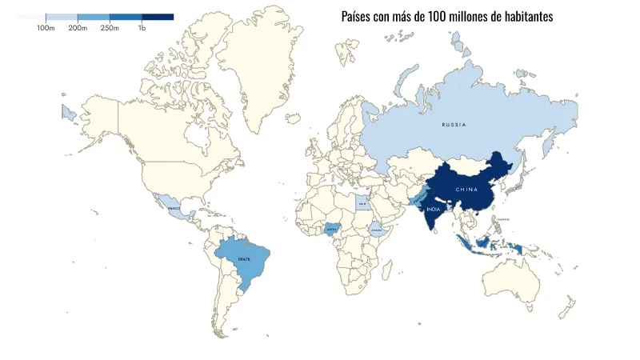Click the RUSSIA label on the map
coord(454,125)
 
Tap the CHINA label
coord(466,189)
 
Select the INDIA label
coord(434,209)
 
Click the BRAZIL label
coord(244,259)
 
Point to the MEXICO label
coord(174,207)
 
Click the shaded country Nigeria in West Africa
coord(333,230)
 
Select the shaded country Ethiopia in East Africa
coord(376,230)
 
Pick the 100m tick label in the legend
coord(46,28)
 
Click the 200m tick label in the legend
coord(78,28)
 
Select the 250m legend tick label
coord(110,28)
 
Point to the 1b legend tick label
coord(142,28)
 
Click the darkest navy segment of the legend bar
coord(158,17)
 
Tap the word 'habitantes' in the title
coord(526,16)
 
